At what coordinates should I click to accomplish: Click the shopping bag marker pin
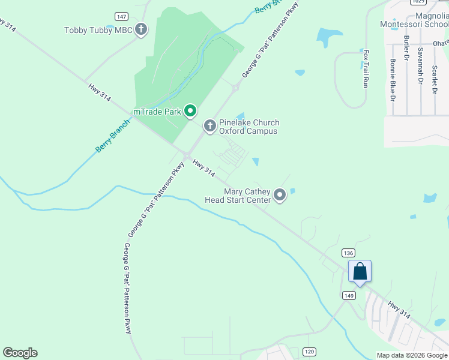click(360, 271)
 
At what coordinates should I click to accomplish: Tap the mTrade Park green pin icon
click(190, 110)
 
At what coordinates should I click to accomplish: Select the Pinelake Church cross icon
click(209, 125)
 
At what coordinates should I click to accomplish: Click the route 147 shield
click(122, 16)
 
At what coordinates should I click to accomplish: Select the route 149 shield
click(349, 295)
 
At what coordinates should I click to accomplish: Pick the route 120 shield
click(309, 351)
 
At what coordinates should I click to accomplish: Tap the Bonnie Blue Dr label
click(393, 79)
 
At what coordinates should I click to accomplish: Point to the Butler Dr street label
click(406, 48)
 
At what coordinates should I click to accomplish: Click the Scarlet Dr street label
click(433, 76)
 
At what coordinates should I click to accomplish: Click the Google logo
click(20, 353)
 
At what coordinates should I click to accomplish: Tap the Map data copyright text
click(412, 355)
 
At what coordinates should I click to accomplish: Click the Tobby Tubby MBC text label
click(96, 29)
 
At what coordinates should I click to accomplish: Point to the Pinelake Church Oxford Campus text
click(249, 127)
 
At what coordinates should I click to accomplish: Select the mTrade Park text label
click(158, 112)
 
